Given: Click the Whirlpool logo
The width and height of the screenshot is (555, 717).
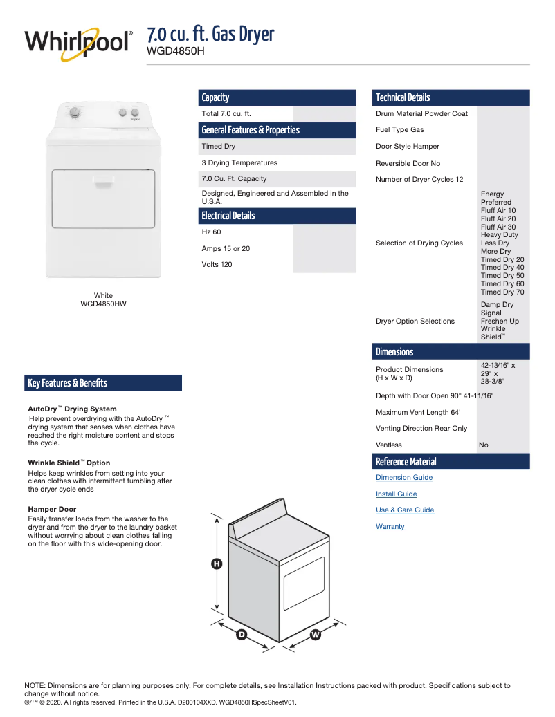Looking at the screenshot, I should tap(78, 43).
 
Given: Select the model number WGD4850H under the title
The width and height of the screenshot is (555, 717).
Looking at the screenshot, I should tap(176, 50).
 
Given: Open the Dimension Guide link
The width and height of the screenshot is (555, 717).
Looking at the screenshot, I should tap(404, 478).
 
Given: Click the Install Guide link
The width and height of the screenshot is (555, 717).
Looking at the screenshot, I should tap(396, 494).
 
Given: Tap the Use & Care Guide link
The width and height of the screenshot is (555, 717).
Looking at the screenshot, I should tap(405, 510).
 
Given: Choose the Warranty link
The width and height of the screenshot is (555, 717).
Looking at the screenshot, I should tap(390, 527).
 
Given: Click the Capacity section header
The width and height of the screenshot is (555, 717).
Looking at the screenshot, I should tap(215, 97).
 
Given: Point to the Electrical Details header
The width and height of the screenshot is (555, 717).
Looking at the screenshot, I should tap(228, 216).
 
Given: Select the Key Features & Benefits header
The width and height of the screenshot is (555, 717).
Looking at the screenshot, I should tap(68, 383).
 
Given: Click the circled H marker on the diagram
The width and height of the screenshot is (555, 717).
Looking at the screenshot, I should tap(217, 564).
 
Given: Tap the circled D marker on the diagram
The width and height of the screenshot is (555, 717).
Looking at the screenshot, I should tap(242, 634).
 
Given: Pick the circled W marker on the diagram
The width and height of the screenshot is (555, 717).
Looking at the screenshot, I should tap(316, 634).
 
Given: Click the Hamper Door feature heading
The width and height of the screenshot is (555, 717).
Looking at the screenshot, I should tap(52, 510).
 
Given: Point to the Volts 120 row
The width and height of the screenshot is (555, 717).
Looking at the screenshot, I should tap(217, 265).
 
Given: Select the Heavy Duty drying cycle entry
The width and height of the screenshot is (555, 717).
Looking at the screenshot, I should tap(499, 235).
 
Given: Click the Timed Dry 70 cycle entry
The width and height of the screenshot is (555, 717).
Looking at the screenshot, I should tap(502, 292).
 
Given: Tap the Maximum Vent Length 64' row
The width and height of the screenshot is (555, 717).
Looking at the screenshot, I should tap(418, 413).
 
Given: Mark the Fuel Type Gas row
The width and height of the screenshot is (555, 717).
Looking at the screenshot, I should tap(400, 130).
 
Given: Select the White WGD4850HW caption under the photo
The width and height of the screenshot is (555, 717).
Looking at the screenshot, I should tap(103, 299).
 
